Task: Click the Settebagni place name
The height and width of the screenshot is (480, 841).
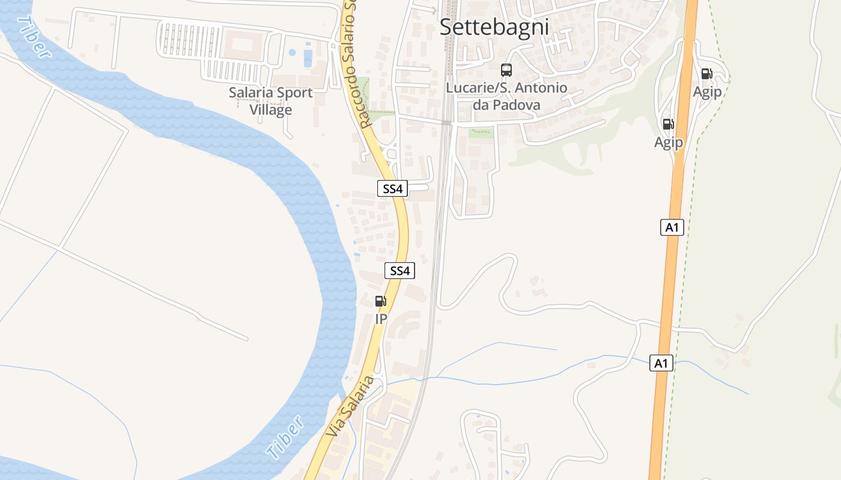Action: point(494,27)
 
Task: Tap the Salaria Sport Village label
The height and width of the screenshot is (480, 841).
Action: point(270,101)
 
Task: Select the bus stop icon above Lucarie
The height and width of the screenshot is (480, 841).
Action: point(506,70)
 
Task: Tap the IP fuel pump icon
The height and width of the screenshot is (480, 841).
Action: point(381,301)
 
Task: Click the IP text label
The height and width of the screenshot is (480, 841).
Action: point(381,319)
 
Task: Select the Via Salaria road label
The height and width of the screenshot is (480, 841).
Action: point(350,406)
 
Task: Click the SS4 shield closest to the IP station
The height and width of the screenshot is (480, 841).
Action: point(399,271)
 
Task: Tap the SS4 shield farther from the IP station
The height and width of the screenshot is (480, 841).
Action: point(392,188)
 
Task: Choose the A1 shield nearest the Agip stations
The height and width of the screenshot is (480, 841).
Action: point(672,227)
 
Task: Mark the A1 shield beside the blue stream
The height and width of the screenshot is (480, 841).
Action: point(661,363)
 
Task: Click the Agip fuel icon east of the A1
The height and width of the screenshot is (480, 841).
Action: point(707,74)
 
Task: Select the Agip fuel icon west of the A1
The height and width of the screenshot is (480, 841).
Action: point(668,124)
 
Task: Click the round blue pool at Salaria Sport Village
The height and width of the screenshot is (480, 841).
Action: point(292,53)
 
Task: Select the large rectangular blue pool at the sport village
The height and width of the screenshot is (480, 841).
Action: point(308,58)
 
